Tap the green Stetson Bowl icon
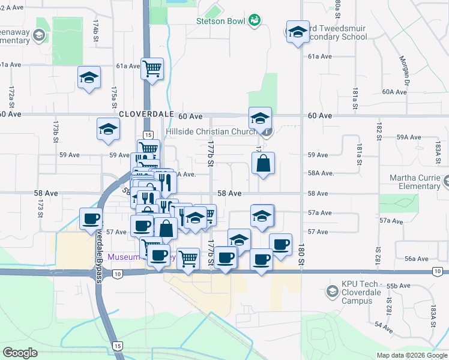coord(255,20)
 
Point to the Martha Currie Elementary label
coord(415,182)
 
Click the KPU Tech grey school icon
coord(331,292)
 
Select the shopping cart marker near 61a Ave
coord(152,68)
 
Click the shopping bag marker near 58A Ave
coord(263,163)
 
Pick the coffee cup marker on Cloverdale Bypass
coord(91,219)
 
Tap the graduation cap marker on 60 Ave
coord(261,118)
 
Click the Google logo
coord(20,353)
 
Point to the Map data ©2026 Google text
coord(412,355)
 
